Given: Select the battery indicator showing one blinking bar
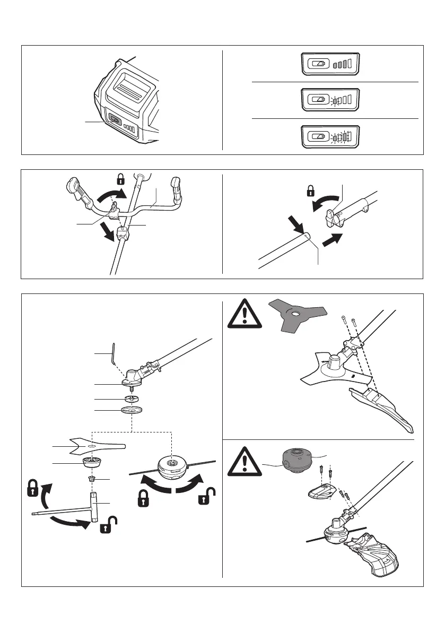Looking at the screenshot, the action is (330, 99).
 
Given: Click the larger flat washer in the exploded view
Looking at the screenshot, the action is (131, 410).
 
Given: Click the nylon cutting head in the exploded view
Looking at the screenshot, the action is (171, 467).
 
